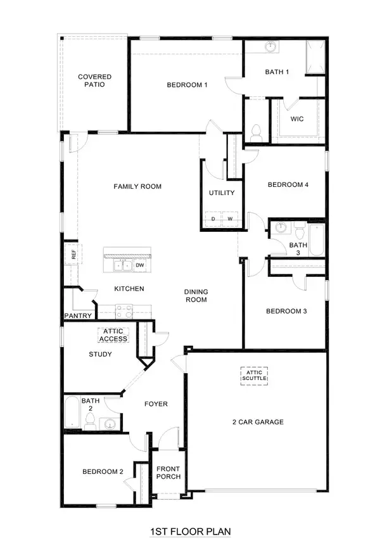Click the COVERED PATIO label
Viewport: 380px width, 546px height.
(x=91, y=80)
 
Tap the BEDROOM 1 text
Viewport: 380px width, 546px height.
(x=187, y=84)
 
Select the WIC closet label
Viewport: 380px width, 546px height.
(x=298, y=118)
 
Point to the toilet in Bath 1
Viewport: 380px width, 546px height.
(x=256, y=134)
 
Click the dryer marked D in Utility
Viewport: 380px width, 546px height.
(x=213, y=219)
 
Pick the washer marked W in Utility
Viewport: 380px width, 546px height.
(x=230, y=219)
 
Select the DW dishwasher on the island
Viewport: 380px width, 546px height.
(x=139, y=265)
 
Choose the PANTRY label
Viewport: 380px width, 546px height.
(x=79, y=315)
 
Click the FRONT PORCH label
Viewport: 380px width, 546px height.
(x=168, y=473)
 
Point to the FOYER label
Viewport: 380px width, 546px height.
(x=156, y=404)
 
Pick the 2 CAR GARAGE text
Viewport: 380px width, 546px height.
(x=256, y=422)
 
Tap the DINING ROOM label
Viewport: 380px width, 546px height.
(x=196, y=296)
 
